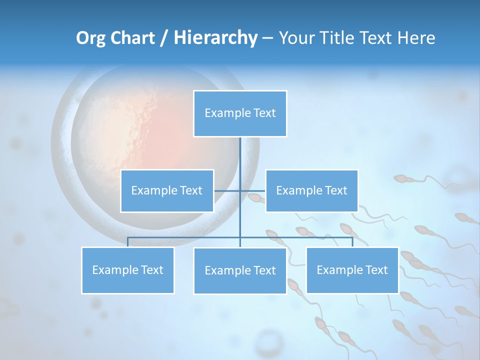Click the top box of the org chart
(240, 113)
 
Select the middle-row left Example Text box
(167, 190)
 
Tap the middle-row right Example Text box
(311, 190)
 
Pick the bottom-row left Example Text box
(127, 270)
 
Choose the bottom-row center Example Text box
(240, 270)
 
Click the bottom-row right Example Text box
(352, 270)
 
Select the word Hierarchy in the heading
(215, 38)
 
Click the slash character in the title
(163, 38)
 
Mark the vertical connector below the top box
(240, 160)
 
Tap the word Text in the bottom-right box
(376, 270)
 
